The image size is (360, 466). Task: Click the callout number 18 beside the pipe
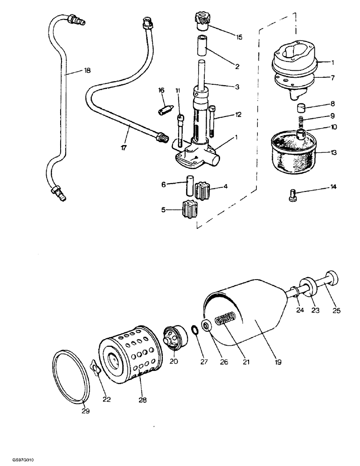pos(87,71)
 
